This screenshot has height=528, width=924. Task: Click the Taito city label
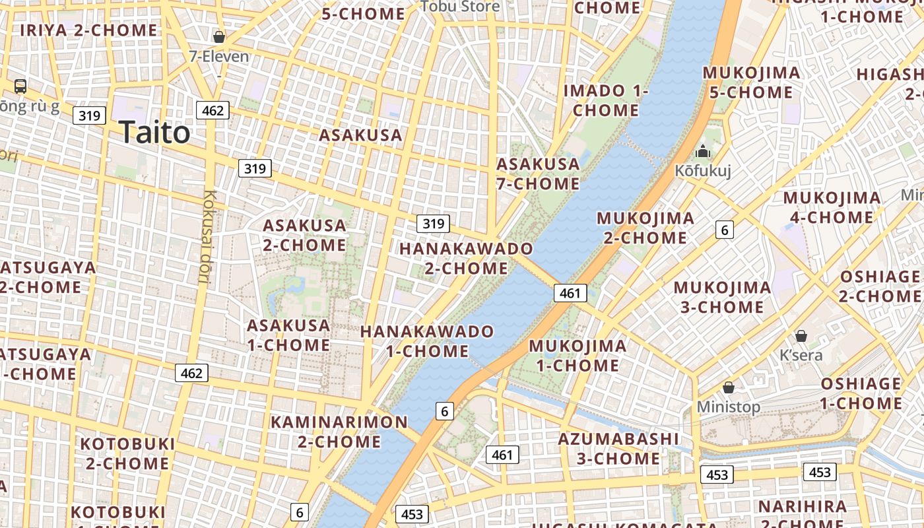click(155, 133)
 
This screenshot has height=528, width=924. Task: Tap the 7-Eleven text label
click(219, 57)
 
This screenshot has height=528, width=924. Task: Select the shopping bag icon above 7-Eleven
click(219, 37)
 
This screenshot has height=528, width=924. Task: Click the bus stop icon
click(20, 86)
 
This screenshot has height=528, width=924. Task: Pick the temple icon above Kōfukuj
click(702, 152)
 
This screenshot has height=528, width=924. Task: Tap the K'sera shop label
click(801, 355)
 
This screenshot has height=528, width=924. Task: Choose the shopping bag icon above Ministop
click(729, 387)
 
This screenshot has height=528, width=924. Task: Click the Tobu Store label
click(460, 7)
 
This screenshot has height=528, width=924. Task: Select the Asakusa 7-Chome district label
click(538, 174)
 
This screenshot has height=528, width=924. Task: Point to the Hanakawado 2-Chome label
click(466, 259)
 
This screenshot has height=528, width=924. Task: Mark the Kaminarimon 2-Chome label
click(339, 432)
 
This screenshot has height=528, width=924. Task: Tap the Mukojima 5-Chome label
click(752, 82)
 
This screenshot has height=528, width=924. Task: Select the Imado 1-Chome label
click(606, 100)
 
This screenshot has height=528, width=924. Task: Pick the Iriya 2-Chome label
click(88, 30)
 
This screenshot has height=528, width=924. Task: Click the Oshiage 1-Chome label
click(861, 393)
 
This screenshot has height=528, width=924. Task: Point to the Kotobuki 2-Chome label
click(127, 453)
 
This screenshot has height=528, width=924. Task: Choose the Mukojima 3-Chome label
click(722, 297)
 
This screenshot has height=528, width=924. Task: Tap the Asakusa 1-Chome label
click(288, 335)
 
